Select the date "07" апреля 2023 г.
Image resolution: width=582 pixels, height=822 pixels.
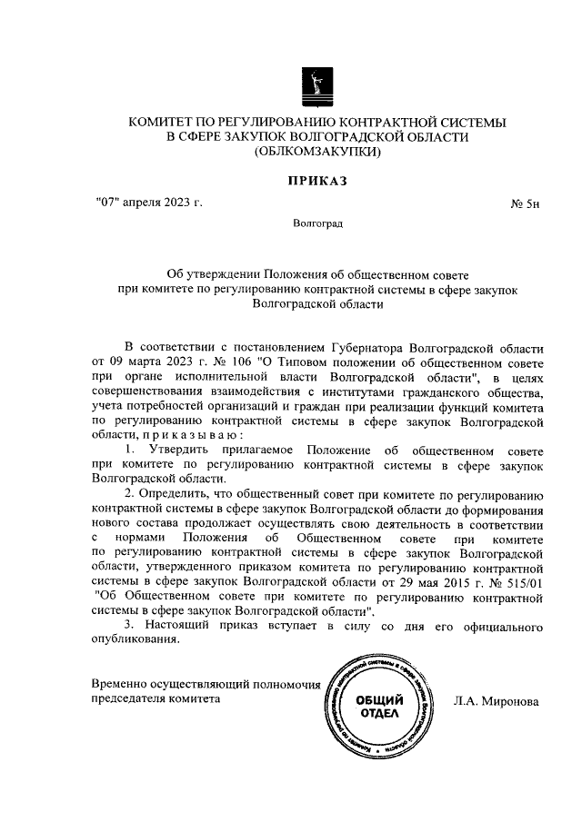click(x=147, y=201)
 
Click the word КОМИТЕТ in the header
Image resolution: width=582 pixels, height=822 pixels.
click(x=166, y=121)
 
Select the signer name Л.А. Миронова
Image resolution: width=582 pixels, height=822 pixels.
click(x=496, y=701)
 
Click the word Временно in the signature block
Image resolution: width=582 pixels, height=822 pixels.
click(x=121, y=684)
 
